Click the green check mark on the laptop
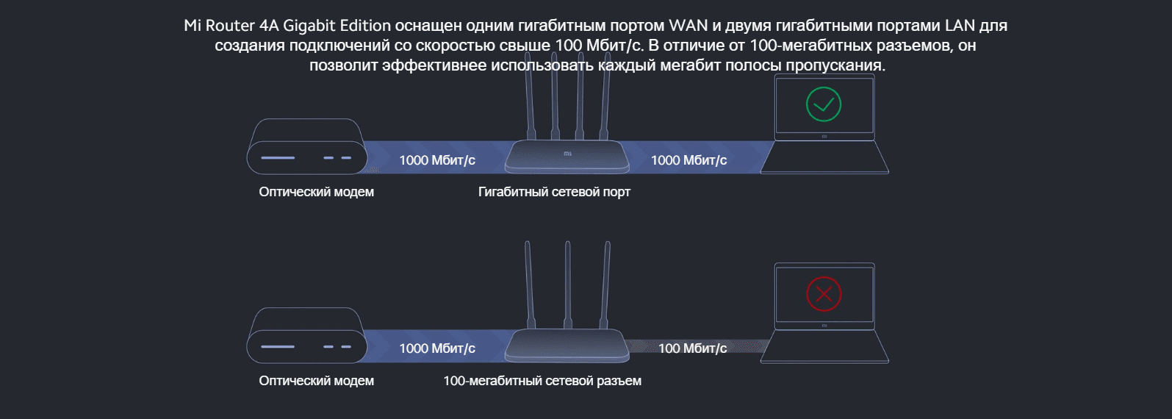click(823, 104)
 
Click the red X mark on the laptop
click(823, 294)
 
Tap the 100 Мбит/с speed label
click(692, 348)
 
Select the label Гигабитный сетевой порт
click(554, 192)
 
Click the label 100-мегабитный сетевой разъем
click(542, 381)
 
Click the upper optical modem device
click(306, 147)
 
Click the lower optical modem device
click(306, 336)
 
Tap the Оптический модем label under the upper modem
click(316, 192)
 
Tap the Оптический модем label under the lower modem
click(316, 381)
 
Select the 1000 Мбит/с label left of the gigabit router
click(437, 160)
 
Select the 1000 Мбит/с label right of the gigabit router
click(689, 160)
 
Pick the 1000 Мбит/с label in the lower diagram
click(437, 348)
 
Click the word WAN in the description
click(688, 26)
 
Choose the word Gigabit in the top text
click(309, 26)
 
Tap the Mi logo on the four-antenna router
click(567, 154)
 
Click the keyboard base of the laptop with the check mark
click(824, 157)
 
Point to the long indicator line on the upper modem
click(278, 158)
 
